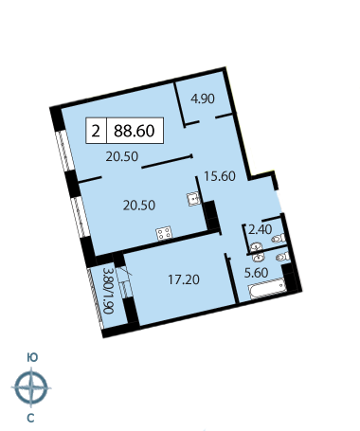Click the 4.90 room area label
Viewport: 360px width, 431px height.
click(x=203, y=99)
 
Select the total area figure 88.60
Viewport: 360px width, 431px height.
click(x=135, y=131)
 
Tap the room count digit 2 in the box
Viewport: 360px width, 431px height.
click(x=96, y=131)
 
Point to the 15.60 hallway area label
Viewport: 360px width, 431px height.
click(x=220, y=176)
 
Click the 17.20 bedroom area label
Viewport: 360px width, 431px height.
click(x=184, y=279)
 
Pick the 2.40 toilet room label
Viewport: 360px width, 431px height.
click(x=260, y=229)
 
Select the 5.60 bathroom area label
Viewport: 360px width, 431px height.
click(x=257, y=273)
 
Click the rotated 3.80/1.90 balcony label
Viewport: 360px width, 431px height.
click(x=108, y=291)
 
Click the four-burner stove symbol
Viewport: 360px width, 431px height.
click(x=164, y=234)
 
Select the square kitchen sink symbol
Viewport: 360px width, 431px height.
click(x=193, y=199)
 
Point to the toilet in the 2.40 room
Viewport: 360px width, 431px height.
click(x=279, y=238)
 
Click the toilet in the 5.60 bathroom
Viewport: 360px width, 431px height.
click(x=283, y=257)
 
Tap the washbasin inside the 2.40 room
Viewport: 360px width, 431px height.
click(x=256, y=245)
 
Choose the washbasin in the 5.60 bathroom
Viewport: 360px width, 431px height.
click(x=259, y=258)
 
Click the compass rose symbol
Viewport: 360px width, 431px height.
click(x=31, y=387)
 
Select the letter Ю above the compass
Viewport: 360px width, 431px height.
click(x=32, y=357)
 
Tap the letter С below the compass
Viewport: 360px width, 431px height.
click(x=30, y=419)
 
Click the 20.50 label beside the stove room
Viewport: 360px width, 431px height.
click(x=139, y=206)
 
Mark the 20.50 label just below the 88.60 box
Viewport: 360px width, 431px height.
click(x=122, y=156)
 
